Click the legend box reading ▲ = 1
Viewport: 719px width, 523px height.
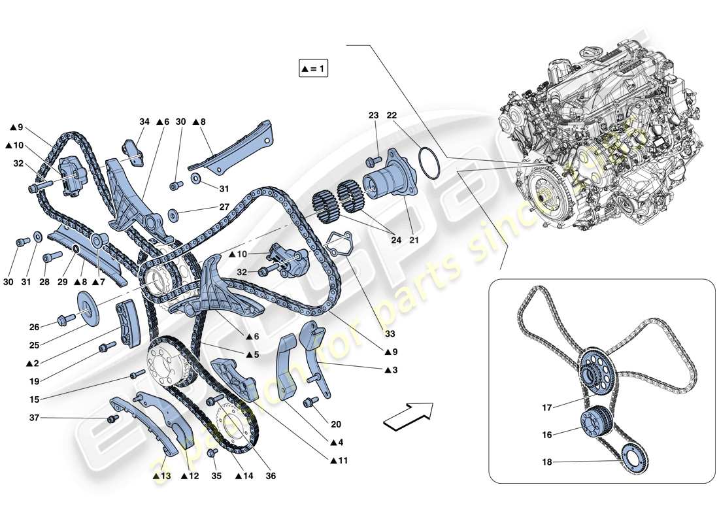[x=313, y=69]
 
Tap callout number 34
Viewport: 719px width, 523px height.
[x=144, y=122]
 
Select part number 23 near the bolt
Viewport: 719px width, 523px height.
[x=373, y=115]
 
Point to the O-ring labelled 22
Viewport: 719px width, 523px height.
[x=428, y=165]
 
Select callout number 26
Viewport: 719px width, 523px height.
[x=34, y=327]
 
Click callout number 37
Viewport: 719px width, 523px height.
[x=34, y=418]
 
